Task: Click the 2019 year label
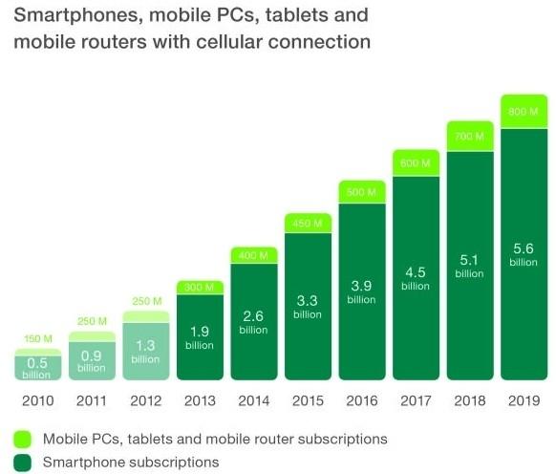click(x=524, y=400)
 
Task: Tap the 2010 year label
click(x=38, y=400)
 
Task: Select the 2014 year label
click(x=254, y=400)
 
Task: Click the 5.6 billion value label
click(x=524, y=254)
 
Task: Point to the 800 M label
click(x=524, y=112)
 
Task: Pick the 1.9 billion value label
click(x=200, y=337)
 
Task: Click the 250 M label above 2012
click(x=147, y=301)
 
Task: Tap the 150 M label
click(x=38, y=339)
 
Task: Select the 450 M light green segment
click(x=308, y=223)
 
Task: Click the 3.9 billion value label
click(x=361, y=292)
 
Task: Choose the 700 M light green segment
click(x=470, y=137)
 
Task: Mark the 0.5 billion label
click(x=36, y=368)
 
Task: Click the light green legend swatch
click(x=23, y=440)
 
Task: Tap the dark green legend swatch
click(x=23, y=463)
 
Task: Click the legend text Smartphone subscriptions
click(x=131, y=463)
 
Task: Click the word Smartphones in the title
click(x=78, y=16)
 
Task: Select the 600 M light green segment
click(x=416, y=162)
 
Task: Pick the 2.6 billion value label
click(x=253, y=322)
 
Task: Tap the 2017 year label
click(x=416, y=400)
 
